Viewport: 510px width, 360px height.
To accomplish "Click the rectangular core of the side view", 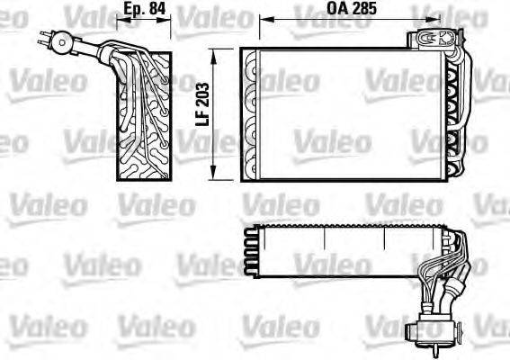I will tap(144, 117).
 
